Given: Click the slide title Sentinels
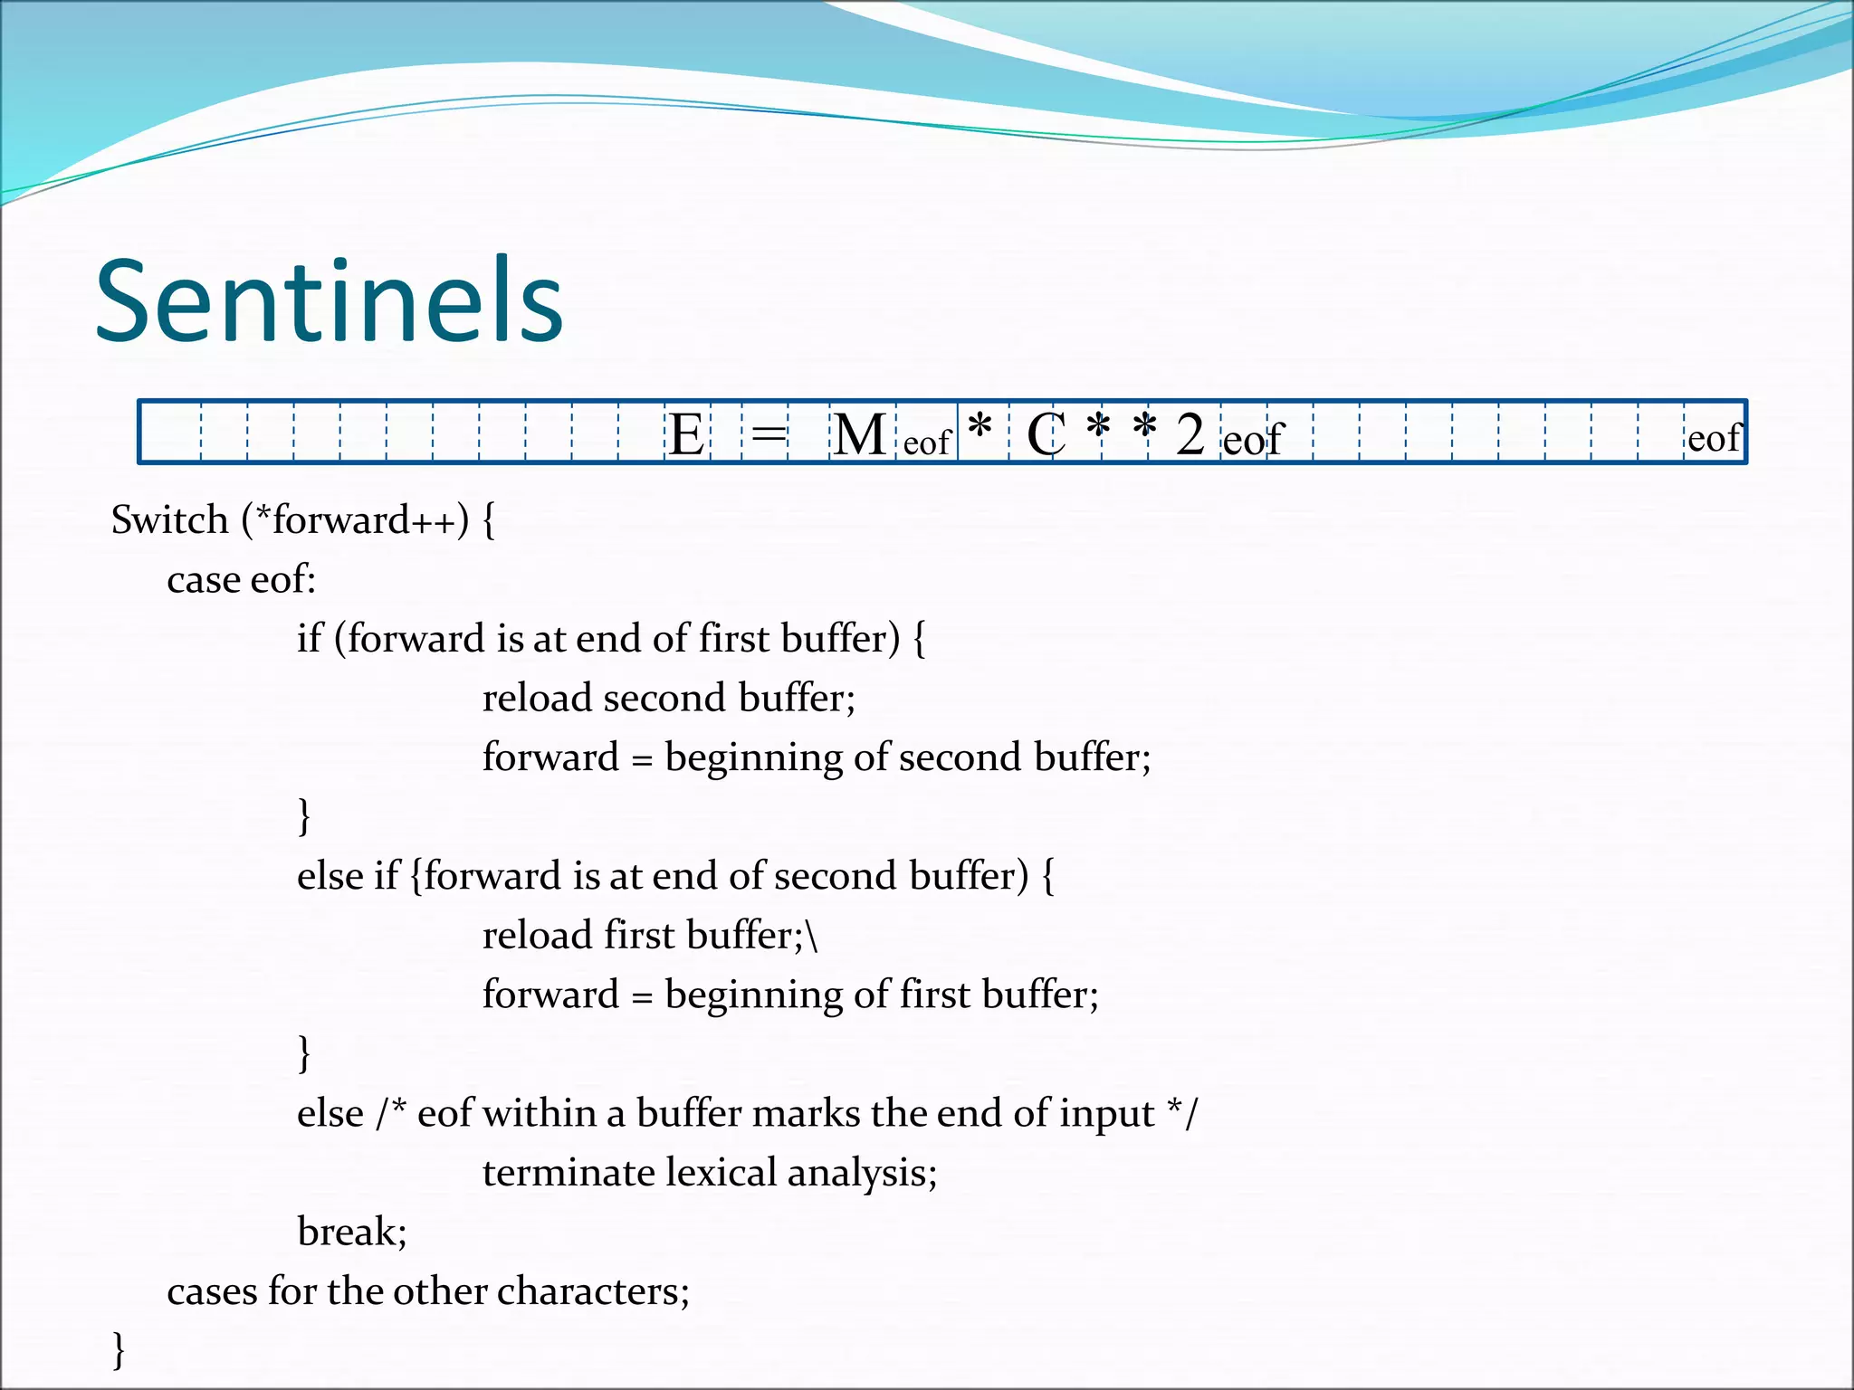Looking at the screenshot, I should [x=330, y=300].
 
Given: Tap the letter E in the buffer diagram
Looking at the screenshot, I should [x=687, y=434].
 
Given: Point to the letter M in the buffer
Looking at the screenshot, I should [x=859, y=434].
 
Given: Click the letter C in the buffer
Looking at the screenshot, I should [x=1046, y=434].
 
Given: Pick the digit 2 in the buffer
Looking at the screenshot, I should [x=1190, y=434].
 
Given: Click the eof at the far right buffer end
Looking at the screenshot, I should [x=1714, y=439].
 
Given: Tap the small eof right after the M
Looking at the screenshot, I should [x=926, y=443].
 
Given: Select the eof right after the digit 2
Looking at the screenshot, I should [x=1253, y=441].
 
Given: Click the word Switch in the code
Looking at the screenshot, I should [x=169, y=520].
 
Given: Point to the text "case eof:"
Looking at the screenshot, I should [x=241, y=580].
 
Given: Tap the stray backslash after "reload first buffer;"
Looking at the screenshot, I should [x=812, y=936].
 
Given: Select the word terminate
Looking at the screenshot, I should [x=567, y=1173].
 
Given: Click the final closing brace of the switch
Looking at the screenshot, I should [x=119, y=1349].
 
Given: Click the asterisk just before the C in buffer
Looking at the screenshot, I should [x=980, y=425].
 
